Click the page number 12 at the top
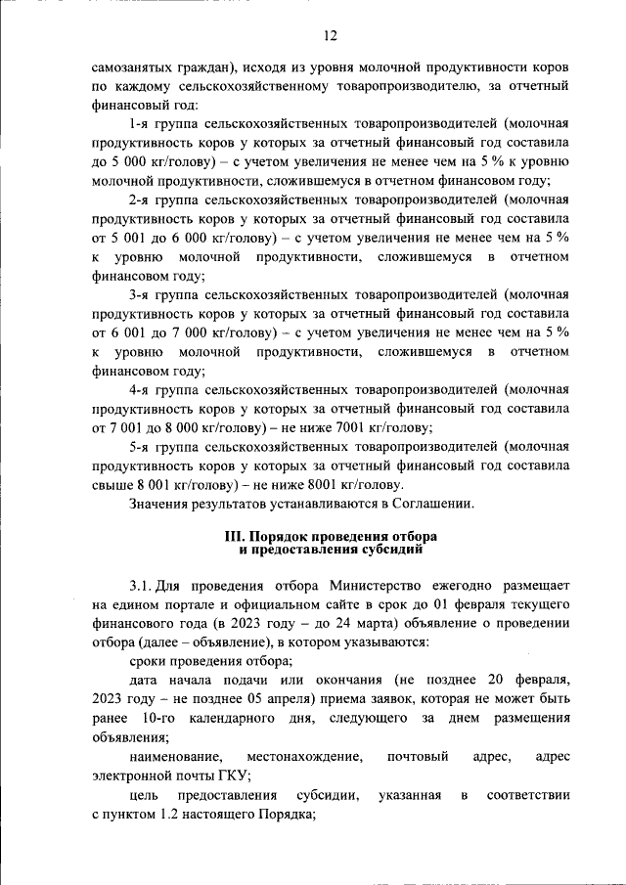pyautogui.click(x=330, y=35)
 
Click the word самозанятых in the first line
pyautogui.click(x=134, y=68)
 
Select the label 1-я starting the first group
pyautogui.click(x=143, y=124)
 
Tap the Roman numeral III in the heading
pyautogui.click(x=237, y=537)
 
